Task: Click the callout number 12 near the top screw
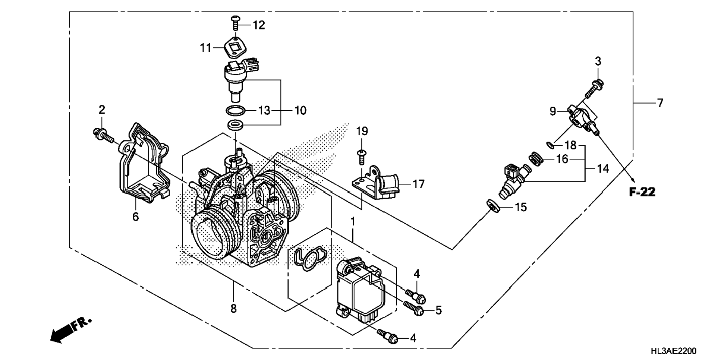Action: (259, 25)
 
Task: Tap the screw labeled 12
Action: (235, 23)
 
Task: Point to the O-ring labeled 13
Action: (236, 111)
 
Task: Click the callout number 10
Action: (300, 110)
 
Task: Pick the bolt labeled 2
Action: (103, 136)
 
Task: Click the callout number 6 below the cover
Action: (136, 217)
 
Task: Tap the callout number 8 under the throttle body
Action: (233, 309)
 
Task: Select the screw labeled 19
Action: (361, 157)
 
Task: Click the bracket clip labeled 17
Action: (377, 183)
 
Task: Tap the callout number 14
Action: (602, 169)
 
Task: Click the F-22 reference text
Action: (642, 192)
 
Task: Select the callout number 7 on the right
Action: (660, 103)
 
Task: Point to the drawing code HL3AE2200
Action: (673, 351)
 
